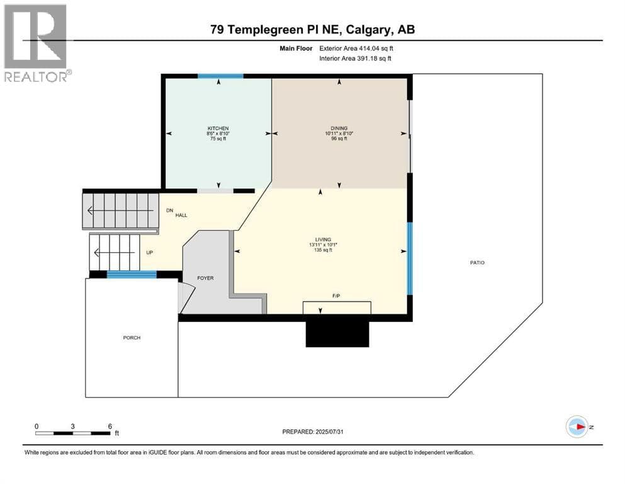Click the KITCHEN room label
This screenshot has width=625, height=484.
(x=218, y=129)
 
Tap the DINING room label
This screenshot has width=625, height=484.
(x=339, y=129)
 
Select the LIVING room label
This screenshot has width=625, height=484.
(x=324, y=240)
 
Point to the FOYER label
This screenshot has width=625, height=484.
(x=205, y=278)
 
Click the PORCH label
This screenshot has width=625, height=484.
(x=132, y=338)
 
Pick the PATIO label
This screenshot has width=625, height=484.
(x=477, y=263)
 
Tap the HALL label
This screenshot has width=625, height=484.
(x=181, y=215)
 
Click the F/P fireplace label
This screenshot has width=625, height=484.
(x=336, y=296)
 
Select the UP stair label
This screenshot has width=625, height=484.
(x=149, y=253)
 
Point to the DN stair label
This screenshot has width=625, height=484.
(x=170, y=210)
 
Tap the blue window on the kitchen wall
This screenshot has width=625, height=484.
(x=221, y=76)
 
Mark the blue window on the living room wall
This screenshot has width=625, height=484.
(x=410, y=258)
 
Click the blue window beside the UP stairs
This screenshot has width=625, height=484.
(x=132, y=275)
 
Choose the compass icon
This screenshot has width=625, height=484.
(x=577, y=427)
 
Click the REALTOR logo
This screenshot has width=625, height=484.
(x=37, y=43)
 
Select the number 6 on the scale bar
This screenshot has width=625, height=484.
(x=110, y=426)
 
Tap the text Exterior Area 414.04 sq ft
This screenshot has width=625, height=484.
(x=356, y=49)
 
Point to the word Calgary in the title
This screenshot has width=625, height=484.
(x=368, y=30)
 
